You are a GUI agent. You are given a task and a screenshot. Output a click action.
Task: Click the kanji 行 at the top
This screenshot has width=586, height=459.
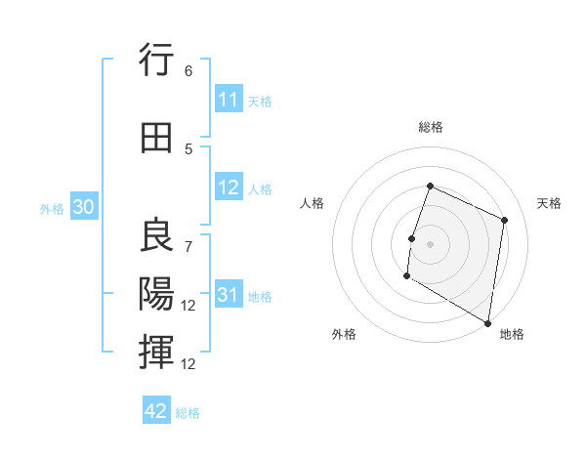coord(156,61)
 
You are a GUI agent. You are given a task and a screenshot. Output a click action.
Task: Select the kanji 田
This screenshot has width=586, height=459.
coord(156,137)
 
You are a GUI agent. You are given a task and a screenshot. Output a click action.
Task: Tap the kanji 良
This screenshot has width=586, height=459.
coord(156,235)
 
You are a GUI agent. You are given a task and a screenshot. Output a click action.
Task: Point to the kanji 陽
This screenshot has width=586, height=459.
coord(156,293)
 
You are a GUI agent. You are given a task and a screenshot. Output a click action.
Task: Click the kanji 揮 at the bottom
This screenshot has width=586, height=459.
coord(156,352)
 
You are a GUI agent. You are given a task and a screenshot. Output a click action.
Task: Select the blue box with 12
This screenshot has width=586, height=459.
coord(229,188)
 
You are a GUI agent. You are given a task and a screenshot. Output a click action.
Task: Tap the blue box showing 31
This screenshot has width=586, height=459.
coord(229,295)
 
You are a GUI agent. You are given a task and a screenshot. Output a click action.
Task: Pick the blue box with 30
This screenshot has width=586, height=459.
coord(83,207)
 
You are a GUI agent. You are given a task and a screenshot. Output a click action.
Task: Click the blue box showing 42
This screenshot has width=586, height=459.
coord(156,411)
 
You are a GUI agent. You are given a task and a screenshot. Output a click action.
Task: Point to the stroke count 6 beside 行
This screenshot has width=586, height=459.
coord(188,71)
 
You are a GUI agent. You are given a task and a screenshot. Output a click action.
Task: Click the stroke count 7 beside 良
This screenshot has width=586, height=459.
coord(188,246)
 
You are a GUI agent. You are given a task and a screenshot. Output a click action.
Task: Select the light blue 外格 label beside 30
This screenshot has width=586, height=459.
coord(52,208)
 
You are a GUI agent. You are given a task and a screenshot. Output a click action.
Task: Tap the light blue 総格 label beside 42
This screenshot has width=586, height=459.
coord(188,412)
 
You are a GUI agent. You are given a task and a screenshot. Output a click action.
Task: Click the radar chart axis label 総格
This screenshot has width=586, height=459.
coord(430,127)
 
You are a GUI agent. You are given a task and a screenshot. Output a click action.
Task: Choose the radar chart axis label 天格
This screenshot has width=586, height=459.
coord(550,203)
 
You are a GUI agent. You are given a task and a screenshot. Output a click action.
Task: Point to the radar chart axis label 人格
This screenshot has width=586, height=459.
coord(312,203)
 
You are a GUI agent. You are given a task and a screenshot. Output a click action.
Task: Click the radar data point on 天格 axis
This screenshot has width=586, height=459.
coord(505,220)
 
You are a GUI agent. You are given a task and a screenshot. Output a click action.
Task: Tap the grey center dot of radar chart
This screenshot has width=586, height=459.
coord(430,244)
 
